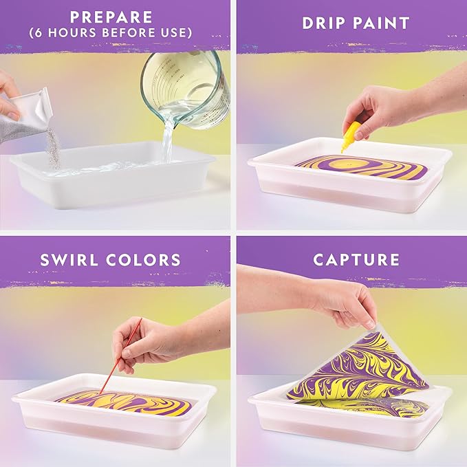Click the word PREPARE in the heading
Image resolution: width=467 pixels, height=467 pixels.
pos(115,15)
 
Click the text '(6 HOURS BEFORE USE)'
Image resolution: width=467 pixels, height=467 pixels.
pos(115,32)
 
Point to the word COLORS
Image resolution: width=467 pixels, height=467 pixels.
pos(152,259)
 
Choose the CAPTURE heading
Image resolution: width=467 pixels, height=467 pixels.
pos(356,259)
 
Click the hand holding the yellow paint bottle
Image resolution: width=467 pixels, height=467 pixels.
pos(375,110)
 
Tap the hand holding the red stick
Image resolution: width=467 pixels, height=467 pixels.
pos(148,340)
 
